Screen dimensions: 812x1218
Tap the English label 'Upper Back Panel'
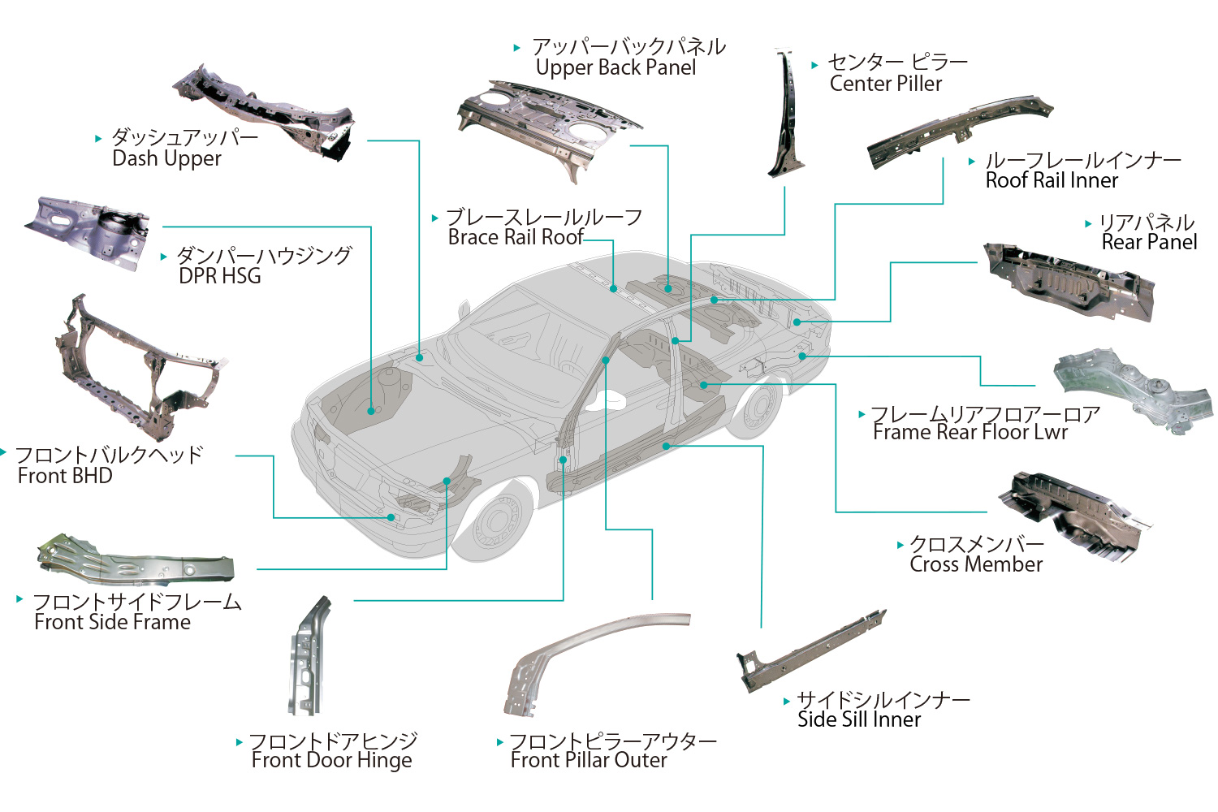point(615,68)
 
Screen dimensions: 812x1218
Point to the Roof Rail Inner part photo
point(958,132)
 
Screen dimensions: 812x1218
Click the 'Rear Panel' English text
point(1149,242)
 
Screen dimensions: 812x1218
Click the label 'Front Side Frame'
point(113,623)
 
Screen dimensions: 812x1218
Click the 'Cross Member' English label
point(976,565)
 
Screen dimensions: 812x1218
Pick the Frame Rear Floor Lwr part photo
point(1133,390)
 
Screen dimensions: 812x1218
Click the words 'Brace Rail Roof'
point(516,237)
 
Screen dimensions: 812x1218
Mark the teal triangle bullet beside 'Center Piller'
point(814,65)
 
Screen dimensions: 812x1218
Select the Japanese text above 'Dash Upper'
point(185,137)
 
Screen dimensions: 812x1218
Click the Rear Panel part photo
point(1068,280)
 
